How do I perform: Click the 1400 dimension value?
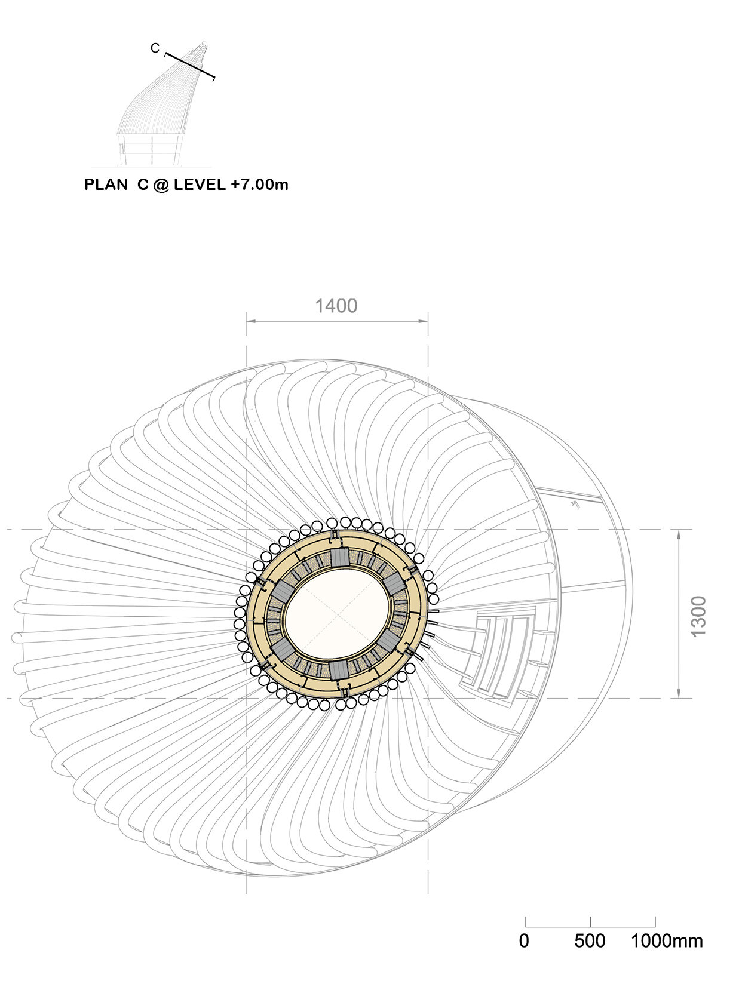336,306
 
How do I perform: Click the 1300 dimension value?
699,616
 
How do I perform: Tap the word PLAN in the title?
106,185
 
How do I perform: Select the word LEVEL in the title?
200,185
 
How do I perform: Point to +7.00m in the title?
260,185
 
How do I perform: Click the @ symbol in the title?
161,185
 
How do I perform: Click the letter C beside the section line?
155,48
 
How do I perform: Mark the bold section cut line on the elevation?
189,67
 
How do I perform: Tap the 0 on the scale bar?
524,941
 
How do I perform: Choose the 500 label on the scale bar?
590,941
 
